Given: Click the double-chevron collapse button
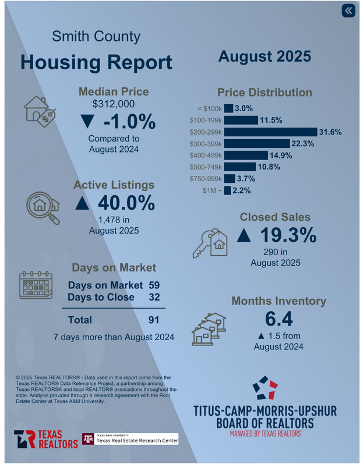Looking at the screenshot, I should (x=348, y=11).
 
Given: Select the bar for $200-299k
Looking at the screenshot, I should (x=270, y=132).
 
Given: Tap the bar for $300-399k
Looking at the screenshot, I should (x=257, y=143).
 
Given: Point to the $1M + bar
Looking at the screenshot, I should (x=227, y=190).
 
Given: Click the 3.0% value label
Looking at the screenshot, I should (x=243, y=108).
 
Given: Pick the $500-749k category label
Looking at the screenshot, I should (x=206, y=167).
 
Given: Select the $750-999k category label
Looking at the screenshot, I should (x=206, y=178).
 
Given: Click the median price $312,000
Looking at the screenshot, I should (x=114, y=104).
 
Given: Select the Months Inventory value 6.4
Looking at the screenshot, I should (x=278, y=319).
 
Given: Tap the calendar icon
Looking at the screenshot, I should (x=36, y=286).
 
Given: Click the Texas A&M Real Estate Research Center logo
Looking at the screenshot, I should (x=130, y=439).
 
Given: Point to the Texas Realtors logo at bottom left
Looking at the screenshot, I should (x=46, y=439).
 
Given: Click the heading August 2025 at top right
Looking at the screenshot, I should (x=264, y=57).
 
